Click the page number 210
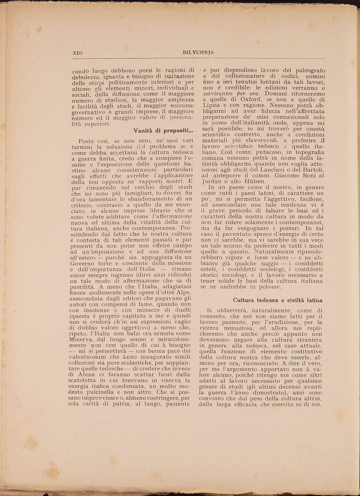(x=78, y=52)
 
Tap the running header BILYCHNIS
(x=198, y=52)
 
